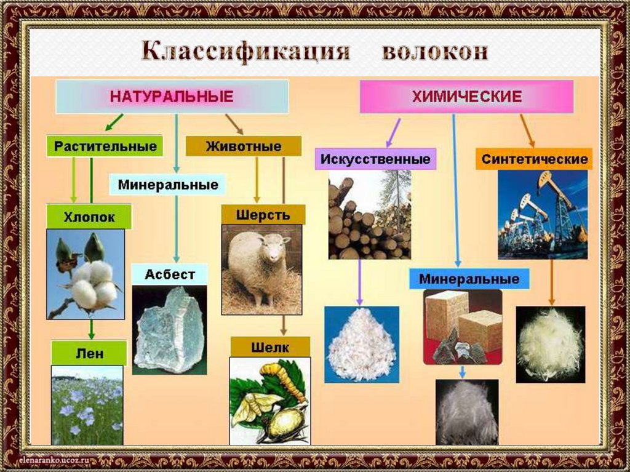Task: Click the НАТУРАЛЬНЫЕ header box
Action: point(172,97)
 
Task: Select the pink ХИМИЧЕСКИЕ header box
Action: point(466,97)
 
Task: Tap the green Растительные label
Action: point(105,147)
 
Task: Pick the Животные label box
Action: point(244,146)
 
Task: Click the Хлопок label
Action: point(89,217)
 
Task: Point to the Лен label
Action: point(89,354)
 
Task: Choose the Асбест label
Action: point(169,274)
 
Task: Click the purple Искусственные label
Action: point(376,159)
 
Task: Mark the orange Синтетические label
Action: point(534,159)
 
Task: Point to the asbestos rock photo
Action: point(169,329)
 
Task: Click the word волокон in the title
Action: point(435,52)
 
